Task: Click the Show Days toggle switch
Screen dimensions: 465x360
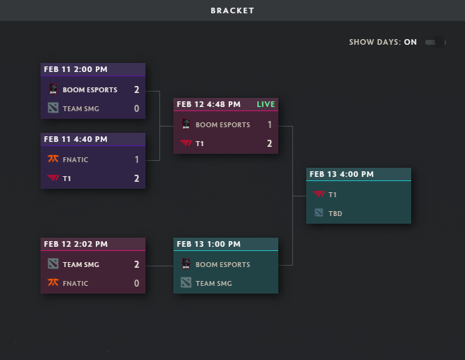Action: [436, 43]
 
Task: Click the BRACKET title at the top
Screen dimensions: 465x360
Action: [232, 10]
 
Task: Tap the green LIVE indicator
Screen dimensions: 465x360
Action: [266, 104]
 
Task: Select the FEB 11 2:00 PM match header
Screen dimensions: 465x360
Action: [76, 69]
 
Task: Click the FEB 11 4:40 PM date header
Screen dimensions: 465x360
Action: [76, 139]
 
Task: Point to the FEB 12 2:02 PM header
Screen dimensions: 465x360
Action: [76, 245]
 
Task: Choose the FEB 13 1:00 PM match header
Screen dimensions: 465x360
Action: [208, 245]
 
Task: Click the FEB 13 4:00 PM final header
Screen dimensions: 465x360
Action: [342, 174]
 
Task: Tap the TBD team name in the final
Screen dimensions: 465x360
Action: [336, 213]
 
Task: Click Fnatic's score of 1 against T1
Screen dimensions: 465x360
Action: [137, 159]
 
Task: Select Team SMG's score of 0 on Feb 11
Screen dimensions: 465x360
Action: [136, 108]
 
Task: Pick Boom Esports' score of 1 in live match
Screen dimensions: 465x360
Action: [270, 124]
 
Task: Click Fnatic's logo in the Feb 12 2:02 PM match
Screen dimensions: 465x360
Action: [53, 283]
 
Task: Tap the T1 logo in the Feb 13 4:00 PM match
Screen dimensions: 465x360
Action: [319, 194]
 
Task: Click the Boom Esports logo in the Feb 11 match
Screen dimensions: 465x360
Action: [53, 89]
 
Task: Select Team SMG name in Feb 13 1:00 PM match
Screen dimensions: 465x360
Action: [214, 284]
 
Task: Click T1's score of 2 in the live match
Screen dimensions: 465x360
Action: [270, 143]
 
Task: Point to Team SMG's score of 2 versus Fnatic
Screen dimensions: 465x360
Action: [136, 264]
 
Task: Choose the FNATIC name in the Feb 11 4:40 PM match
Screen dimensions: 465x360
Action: [76, 160]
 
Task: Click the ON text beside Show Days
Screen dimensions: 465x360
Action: [410, 42]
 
